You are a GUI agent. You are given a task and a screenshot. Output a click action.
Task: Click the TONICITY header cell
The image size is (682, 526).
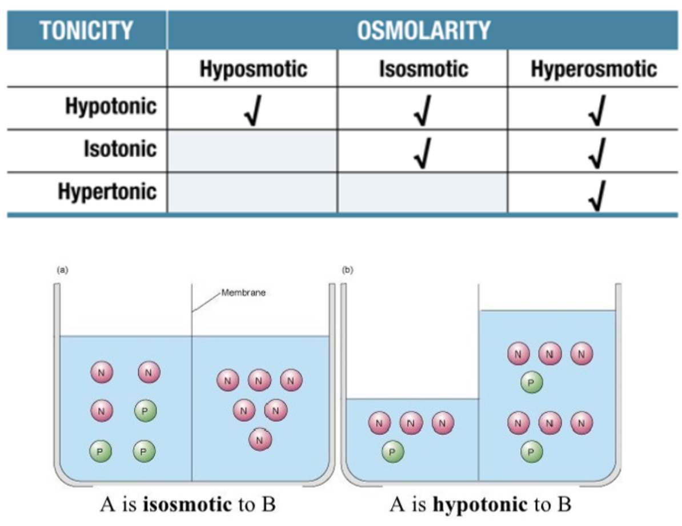tap(87, 30)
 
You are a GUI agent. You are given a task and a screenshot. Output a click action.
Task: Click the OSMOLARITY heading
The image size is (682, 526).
tap(423, 30)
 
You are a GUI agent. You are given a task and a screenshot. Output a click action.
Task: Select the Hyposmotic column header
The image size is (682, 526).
tap(253, 70)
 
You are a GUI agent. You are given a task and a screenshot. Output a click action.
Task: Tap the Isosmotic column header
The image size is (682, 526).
tap(423, 70)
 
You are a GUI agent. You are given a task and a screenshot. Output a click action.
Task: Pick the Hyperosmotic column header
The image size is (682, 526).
tap(593, 70)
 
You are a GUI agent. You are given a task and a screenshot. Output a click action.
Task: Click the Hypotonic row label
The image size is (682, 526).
tap(111, 107)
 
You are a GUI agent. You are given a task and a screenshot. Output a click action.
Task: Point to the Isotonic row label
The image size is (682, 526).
tap(120, 149)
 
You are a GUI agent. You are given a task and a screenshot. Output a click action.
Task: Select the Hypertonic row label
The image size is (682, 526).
tap(107, 191)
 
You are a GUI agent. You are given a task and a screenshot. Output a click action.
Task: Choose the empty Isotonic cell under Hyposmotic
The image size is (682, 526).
tap(252, 150)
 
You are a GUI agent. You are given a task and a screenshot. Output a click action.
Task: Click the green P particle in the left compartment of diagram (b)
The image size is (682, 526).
tap(393, 451)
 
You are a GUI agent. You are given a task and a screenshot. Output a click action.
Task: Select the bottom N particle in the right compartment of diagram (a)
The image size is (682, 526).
tap(260, 440)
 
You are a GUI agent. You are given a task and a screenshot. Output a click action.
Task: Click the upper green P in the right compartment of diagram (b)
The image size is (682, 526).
tap(532, 383)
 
